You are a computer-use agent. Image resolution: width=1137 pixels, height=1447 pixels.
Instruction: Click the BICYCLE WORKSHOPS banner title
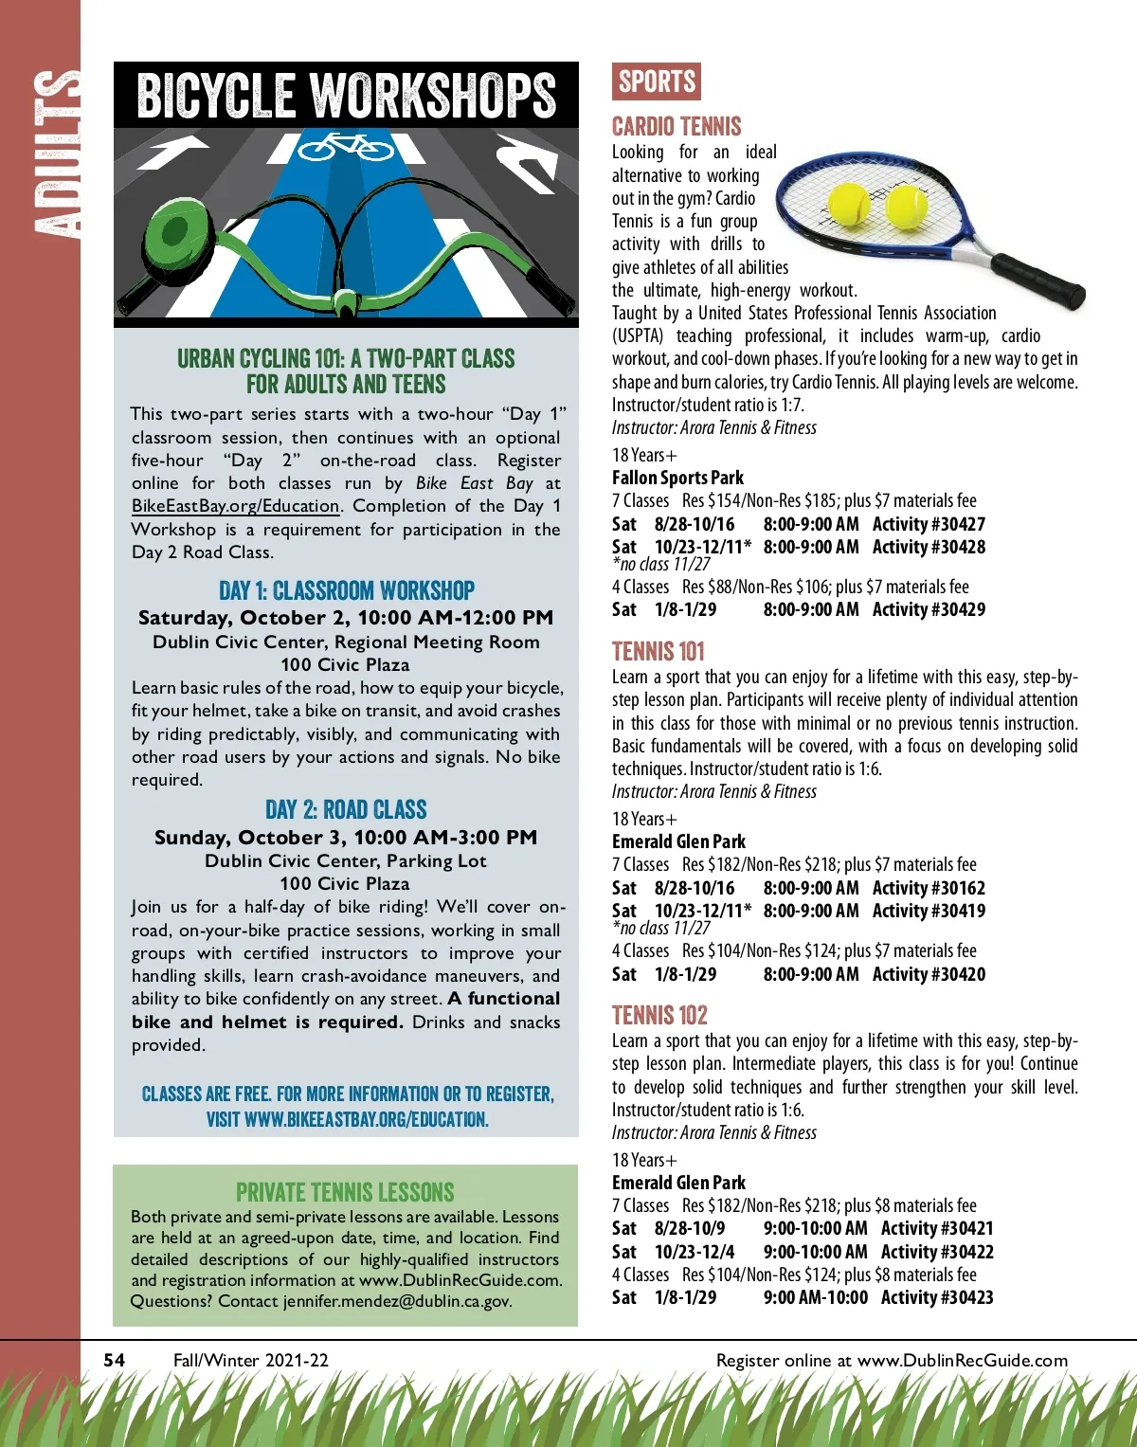pos(346,95)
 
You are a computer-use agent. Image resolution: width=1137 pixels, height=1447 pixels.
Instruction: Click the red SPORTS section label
pos(657,82)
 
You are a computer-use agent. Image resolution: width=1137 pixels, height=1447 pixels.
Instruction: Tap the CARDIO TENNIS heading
pos(677,126)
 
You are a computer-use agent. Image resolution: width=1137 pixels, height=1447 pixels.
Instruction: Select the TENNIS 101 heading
pos(659,651)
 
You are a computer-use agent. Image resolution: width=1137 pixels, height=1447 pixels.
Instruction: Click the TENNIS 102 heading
pos(659,1015)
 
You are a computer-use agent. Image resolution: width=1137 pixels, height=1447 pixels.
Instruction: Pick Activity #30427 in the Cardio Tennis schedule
pos(929,524)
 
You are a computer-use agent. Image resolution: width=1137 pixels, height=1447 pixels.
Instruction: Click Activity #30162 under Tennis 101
pos(929,888)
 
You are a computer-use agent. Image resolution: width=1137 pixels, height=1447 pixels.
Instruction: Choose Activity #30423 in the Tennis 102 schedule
pos(937,1297)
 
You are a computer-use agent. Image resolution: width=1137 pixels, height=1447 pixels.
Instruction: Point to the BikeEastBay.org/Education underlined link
pos(235,506)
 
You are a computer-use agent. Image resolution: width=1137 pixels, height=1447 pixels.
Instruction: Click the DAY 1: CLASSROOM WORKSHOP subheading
pos(346,590)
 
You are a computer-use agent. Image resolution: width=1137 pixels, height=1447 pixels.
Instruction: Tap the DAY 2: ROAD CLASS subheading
pos(346,809)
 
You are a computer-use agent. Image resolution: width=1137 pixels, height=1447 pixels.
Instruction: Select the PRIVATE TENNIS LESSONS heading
pos(345,1192)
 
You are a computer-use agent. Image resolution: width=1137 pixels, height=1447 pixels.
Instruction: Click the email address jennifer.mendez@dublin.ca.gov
pos(397,1301)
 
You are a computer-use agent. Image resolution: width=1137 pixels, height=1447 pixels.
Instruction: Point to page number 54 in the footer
pos(114,1360)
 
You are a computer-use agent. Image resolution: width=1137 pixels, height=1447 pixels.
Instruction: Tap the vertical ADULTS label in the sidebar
pos(55,152)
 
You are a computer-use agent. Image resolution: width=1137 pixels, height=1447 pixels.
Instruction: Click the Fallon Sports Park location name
pos(677,478)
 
